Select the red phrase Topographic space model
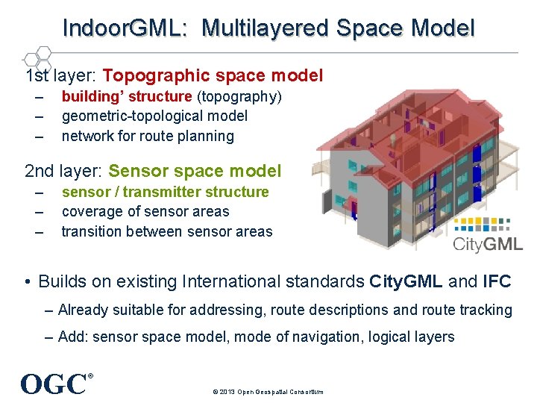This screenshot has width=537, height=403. pos(213,75)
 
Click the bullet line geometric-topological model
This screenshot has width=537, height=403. pos(154,116)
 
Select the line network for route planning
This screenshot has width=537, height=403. pos(148,136)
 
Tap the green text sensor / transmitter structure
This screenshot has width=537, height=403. pos(165,192)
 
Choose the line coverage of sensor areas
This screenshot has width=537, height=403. pos(145,211)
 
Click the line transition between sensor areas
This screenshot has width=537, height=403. pos(167,231)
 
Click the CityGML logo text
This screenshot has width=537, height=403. pos(488,243)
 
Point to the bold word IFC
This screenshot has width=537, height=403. pos(497,281)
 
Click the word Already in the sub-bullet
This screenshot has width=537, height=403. pos(83,310)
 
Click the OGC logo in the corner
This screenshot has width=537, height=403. pos(54,384)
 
